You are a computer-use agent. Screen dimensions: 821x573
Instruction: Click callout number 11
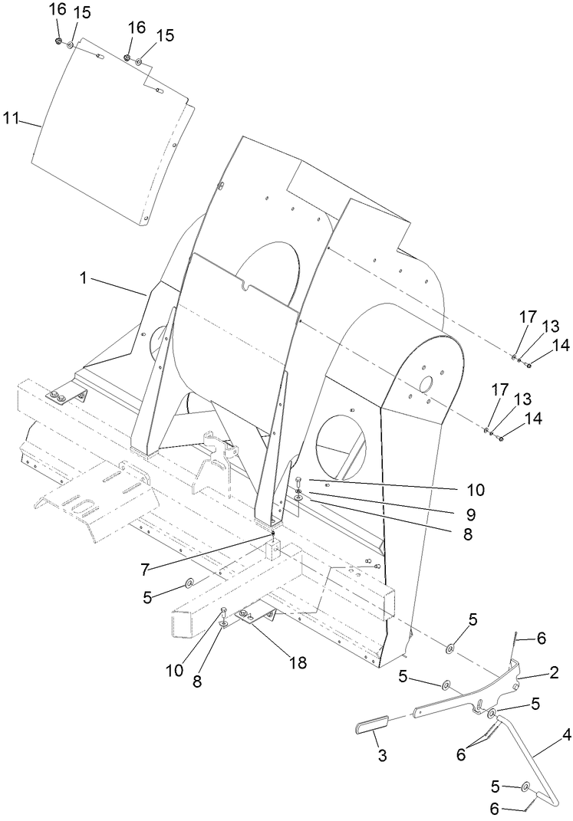tap(10, 118)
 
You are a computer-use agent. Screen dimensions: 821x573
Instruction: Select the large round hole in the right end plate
tap(427, 382)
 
